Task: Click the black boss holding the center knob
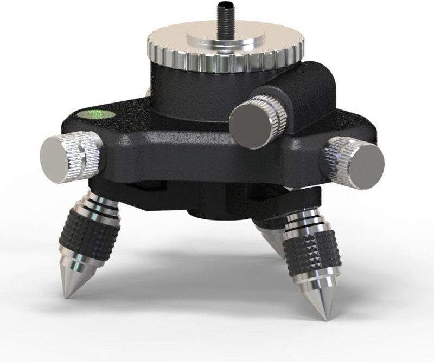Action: [304, 95]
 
